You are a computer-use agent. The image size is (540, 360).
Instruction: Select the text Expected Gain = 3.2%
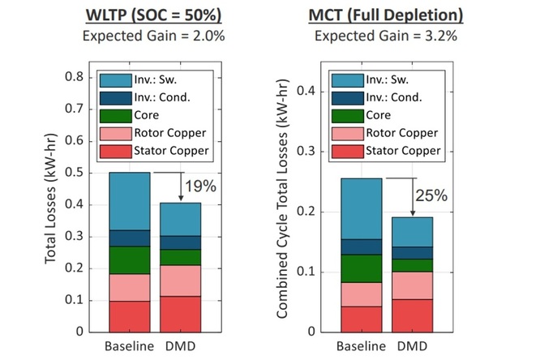388,36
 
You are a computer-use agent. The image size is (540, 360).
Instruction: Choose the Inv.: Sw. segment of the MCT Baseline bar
361,208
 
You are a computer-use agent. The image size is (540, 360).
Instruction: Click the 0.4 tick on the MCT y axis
308,91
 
